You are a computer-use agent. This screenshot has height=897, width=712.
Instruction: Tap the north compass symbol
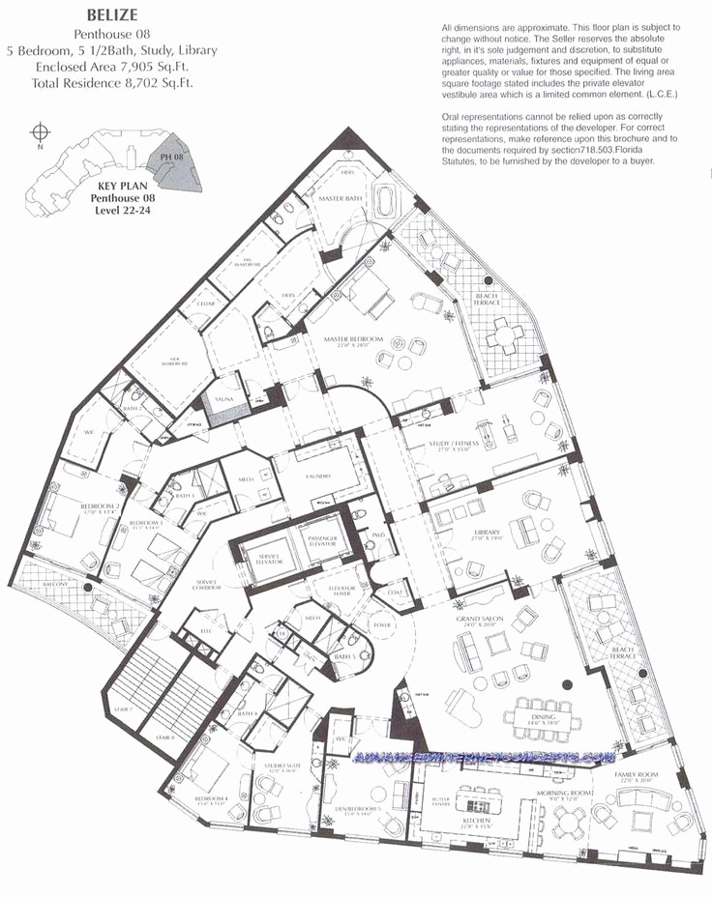tap(40, 132)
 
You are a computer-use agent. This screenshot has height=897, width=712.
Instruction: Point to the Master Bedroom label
tap(354, 340)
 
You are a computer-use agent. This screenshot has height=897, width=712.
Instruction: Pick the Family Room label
tap(636, 775)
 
